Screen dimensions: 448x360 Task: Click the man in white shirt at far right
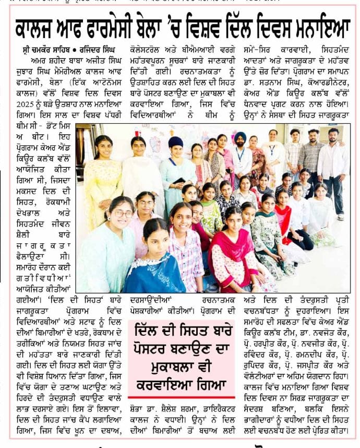coord(333,167)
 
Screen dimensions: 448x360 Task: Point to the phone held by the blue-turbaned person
coord(179,181)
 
